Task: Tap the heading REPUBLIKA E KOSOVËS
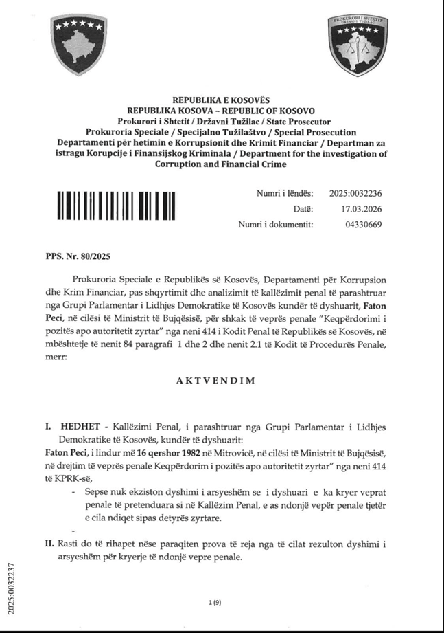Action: click(x=222, y=100)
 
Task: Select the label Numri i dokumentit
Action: click(x=276, y=225)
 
